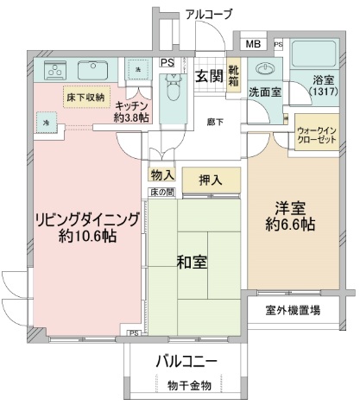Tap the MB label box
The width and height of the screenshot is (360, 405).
tap(255, 44)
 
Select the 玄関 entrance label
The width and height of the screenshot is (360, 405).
tap(208, 75)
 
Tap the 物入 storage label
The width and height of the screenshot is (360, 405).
tap(161, 174)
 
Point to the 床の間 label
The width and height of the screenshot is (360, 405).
tap(161, 191)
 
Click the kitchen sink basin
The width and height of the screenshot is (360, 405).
tap(89, 68)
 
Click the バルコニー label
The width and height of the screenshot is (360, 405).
tap(186, 359)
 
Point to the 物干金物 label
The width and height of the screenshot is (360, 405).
tap(186, 384)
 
